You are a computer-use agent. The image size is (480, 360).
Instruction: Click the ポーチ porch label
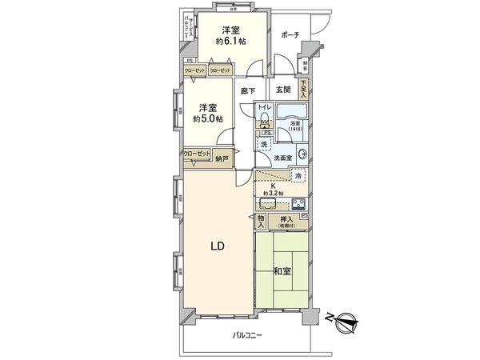(290, 35)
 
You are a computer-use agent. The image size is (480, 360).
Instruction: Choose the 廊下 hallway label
(247, 92)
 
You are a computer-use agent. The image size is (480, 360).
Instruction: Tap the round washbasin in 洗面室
(302, 155)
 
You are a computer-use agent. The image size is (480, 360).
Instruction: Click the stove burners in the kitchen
(298, 202)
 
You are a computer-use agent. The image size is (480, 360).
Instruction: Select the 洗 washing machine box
(264, 144)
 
